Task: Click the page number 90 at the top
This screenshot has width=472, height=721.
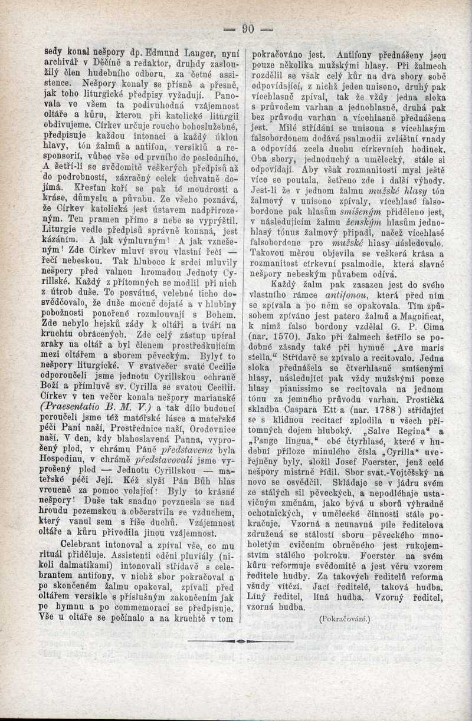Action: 247,28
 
